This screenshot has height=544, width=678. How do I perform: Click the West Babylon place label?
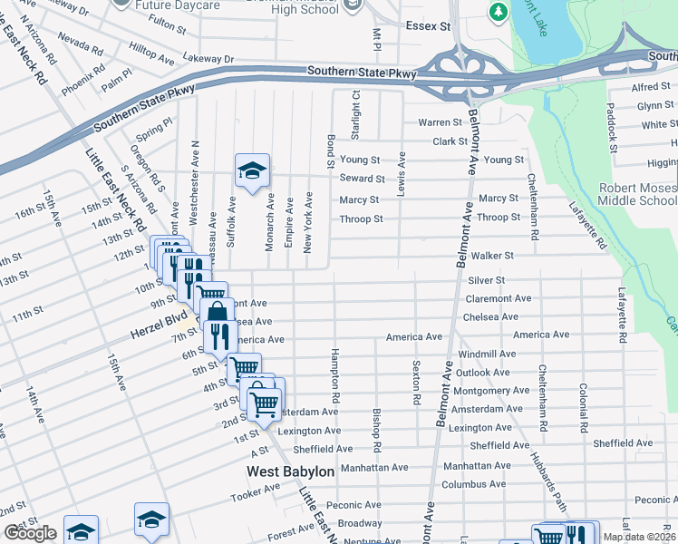pyautogui.click(x=291, y=472)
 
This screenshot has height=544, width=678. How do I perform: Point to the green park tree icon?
pyautogui.click(x=498, y=12)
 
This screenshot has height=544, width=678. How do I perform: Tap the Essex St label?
pyautogui.click(x=428, y=27)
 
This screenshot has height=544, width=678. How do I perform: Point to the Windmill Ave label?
pyautogui.click(x=487, y=354)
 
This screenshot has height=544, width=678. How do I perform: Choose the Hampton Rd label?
pyautogui.click(x=334, y=375)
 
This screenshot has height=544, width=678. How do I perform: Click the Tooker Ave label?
pyautogui.click(x=255, y=493)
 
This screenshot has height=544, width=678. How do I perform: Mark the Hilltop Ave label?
pyautogui.click(x=152, y=55)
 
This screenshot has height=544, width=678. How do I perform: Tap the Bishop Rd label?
pyautogui.click(x=376, y=431)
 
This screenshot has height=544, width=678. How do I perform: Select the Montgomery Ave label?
pyautogui.click(x=492, y=390)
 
